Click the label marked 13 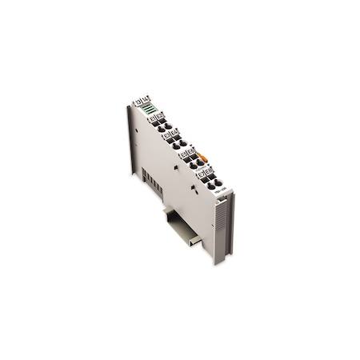coord(138,101)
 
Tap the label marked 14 coord(146,98)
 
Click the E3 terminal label coord(167,136)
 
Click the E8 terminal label coord(207,170)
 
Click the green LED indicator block coord(150,109)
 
